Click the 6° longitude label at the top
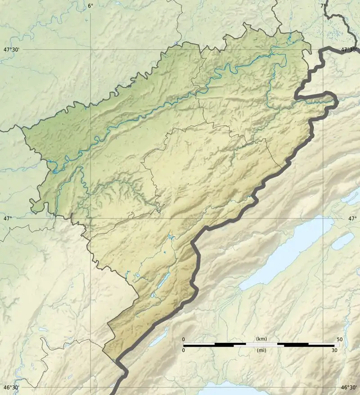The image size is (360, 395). point(90,5)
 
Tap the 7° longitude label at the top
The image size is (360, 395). point(324,5)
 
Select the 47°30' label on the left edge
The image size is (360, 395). point(12,50)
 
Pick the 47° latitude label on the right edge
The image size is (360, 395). point(352,218)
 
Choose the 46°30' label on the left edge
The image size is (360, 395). point(12,387)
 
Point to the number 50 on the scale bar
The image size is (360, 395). point(339,339)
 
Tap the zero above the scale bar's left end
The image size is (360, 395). point(183,339)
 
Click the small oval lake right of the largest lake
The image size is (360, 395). point(343,241)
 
